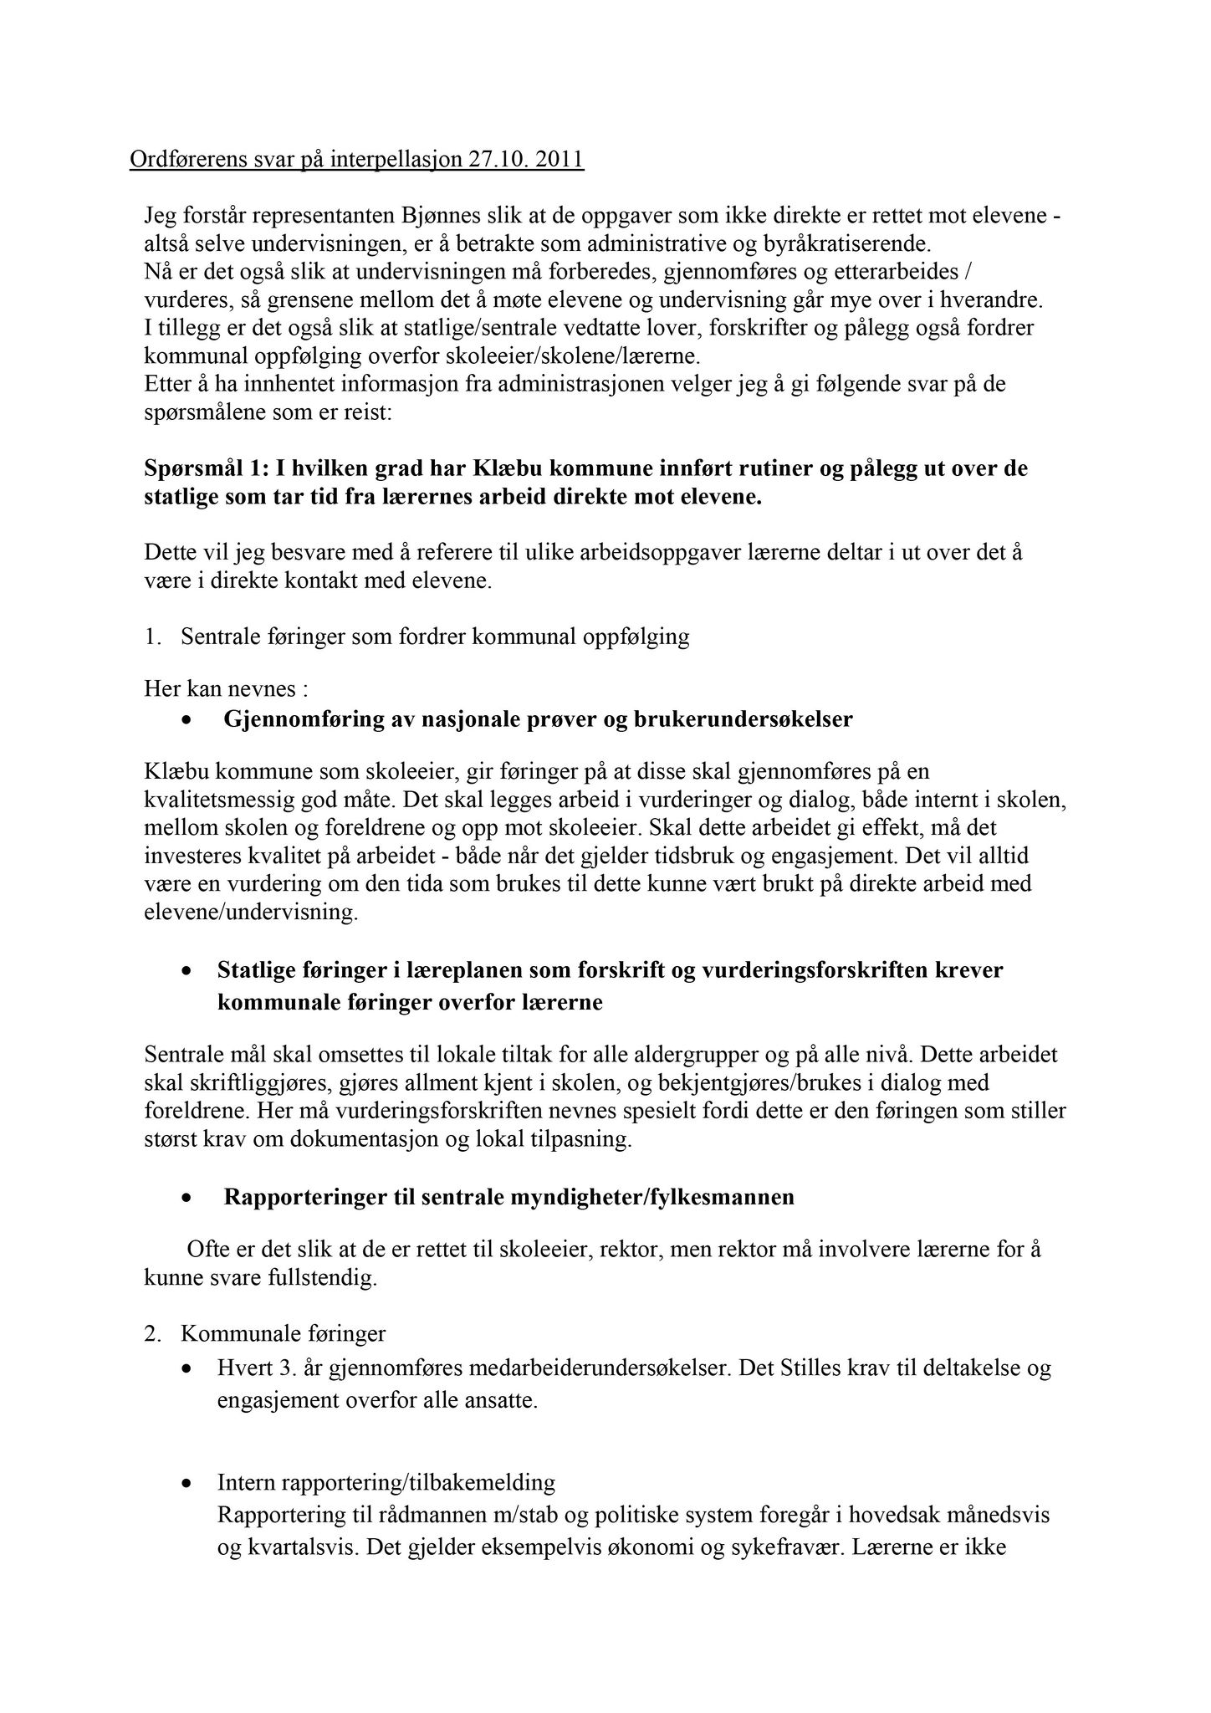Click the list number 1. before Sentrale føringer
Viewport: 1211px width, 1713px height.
[152, 637]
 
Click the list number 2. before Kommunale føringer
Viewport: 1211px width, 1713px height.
[152, 1333]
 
